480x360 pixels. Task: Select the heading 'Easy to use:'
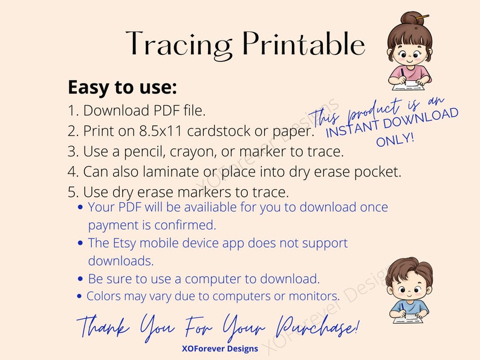tap(122, 88)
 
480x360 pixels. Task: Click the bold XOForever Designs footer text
tap(220, 349)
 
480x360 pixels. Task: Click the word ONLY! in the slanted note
tap(395, 140)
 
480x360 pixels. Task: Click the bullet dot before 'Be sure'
tap(82, 280)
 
